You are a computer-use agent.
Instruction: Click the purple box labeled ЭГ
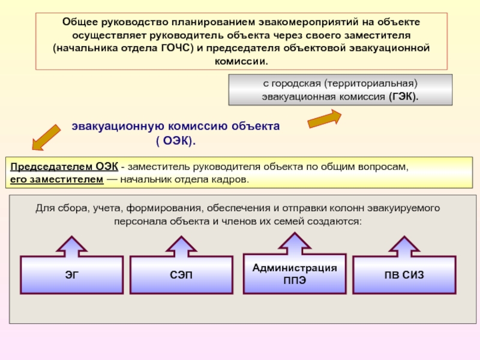click(72, 275)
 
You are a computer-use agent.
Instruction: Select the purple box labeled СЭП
click(181, 275)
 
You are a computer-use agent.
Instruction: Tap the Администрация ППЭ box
click(295, 275)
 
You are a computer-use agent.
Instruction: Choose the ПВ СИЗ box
click(404, 275)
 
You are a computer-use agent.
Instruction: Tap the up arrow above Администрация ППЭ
click(295, 243)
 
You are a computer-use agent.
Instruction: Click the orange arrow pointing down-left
click(46, 137)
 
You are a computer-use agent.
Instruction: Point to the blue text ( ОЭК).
click(176, 141)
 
